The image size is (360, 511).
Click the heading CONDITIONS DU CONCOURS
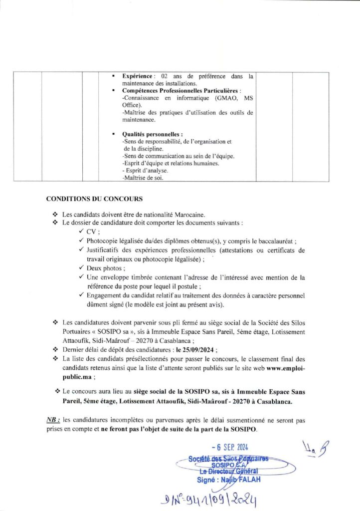94,199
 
